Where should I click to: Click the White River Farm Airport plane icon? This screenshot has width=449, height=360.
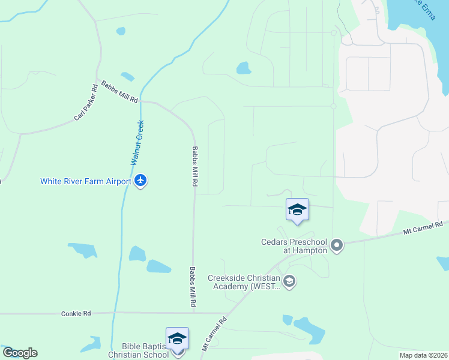[x=140, y=181]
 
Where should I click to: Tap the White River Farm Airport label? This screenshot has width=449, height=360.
[x=85, y=181]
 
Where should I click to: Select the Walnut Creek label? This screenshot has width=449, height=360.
[x=137, y=143]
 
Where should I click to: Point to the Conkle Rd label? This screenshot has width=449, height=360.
[x=76, y=313]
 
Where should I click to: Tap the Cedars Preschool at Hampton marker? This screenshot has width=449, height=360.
[x=337, y=245]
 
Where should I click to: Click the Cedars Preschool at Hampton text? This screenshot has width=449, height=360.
[x=294, y=246]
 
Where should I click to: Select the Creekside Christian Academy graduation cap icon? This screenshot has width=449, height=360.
[x=289, y=281]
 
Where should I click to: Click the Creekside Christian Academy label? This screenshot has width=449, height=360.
[x=244, y=282]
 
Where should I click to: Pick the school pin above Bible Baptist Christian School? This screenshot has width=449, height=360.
[x=177, y=339]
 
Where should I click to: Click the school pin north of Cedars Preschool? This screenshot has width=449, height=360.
[x=297, y=209]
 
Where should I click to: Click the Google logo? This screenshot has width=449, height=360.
[x=20, y=353]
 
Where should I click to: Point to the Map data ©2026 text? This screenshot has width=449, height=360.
[x=423, y=355]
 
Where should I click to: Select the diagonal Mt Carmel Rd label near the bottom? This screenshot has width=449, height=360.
[x=214, y=334]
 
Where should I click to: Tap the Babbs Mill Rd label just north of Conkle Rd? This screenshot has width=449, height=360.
[x=193, y=288]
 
